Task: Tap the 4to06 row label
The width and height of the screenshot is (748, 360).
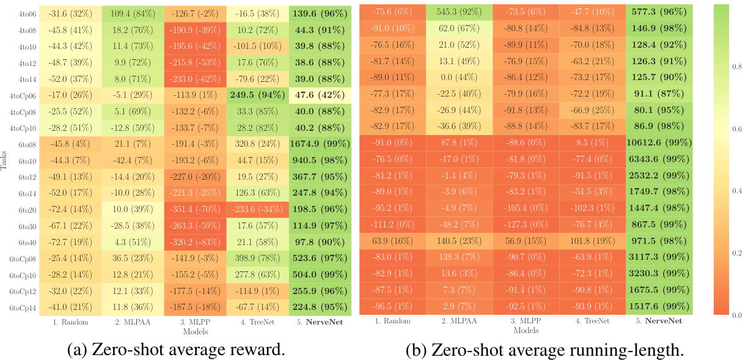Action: (26, 14)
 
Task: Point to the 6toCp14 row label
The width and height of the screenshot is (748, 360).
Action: (23, 308)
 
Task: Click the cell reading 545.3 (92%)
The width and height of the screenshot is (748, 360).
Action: (458, 14)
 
